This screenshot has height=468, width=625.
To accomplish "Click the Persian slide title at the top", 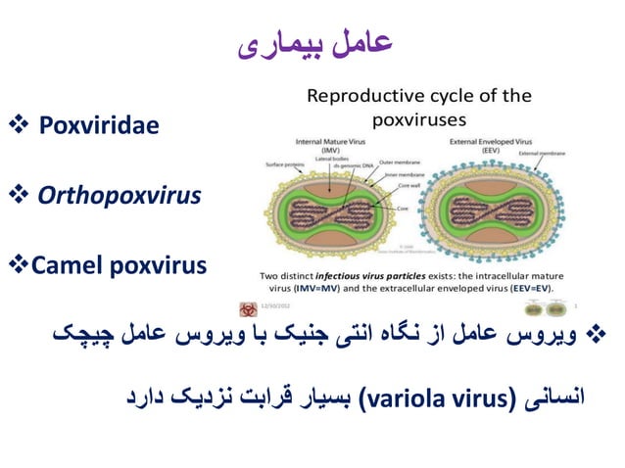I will [x=315, y=44].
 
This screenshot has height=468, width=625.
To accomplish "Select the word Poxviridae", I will [x=98, y=126].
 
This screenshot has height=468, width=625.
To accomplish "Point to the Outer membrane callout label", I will [x=400, y=162].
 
